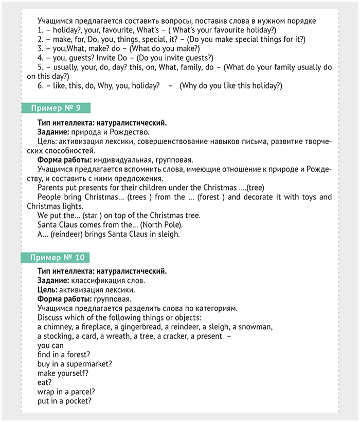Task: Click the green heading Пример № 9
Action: coord(56,108)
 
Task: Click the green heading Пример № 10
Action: coord(58,257)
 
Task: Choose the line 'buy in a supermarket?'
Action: coord(75,363)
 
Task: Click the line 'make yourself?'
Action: coord(63,373)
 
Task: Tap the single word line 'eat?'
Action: coord(45,382)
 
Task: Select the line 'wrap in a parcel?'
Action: coord(66,391)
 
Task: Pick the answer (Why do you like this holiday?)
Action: coord(231,85)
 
